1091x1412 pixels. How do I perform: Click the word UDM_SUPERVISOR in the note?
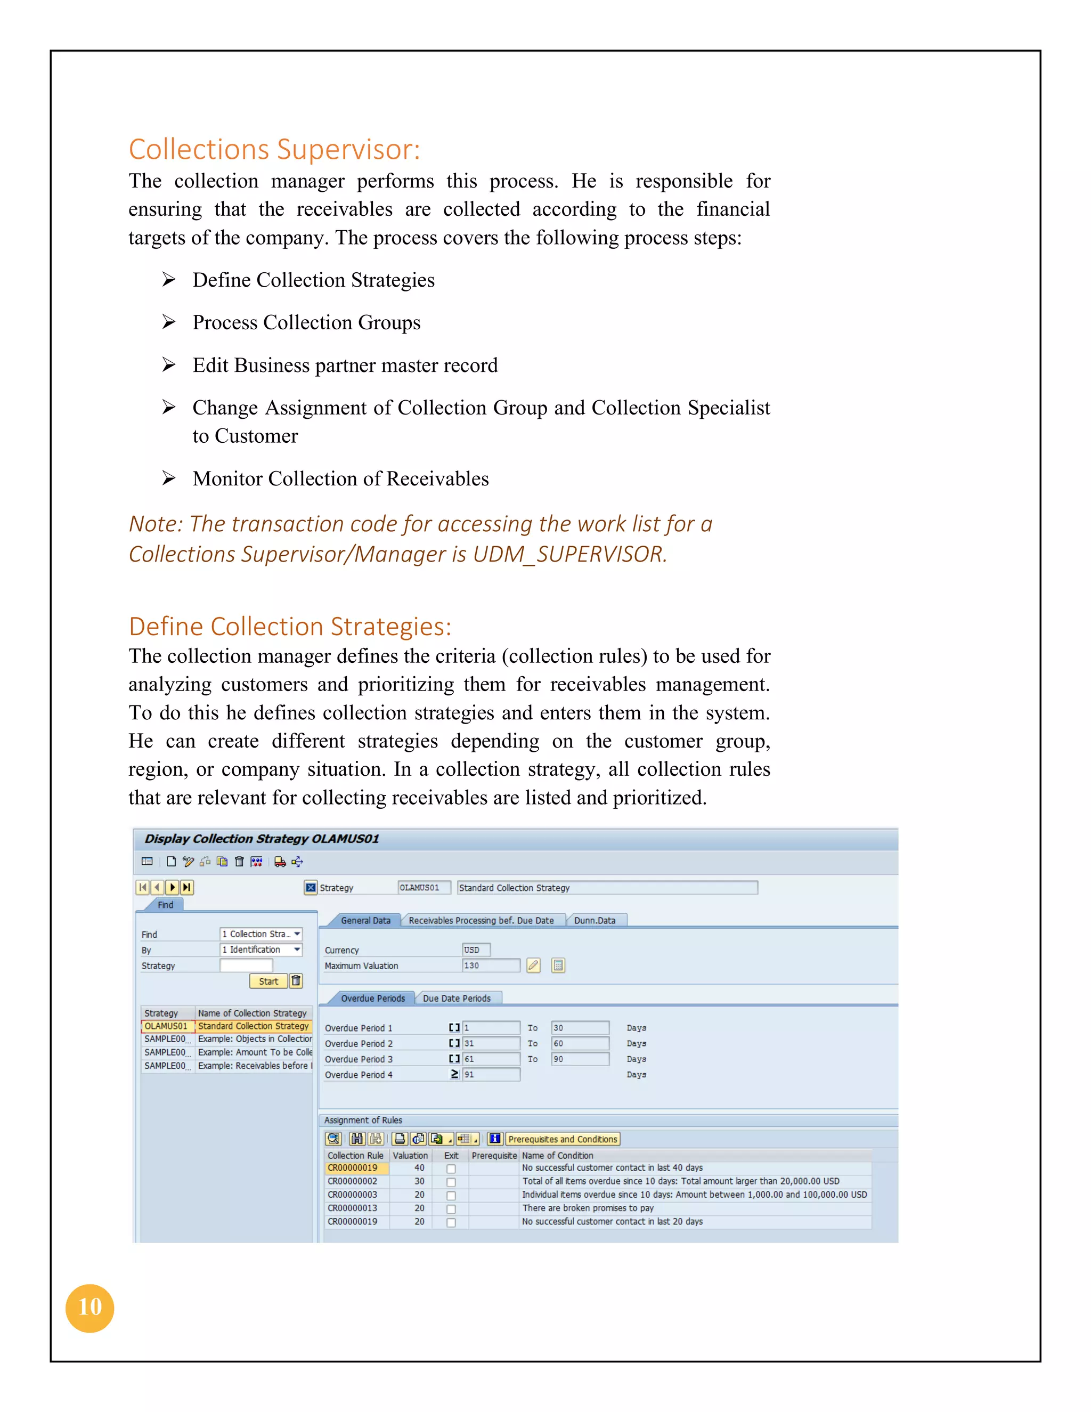pyautogui.click(x=569, y=554)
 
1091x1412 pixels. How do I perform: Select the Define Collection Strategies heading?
pyautogui.click(x=290, y=627)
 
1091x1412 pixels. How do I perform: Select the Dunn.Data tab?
pyautogui.click(x=595, y=920)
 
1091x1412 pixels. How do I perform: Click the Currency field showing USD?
pyautogui.click(x=476, y=950)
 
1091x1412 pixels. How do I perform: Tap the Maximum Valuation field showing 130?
pyautogui.click(x=491, y=965)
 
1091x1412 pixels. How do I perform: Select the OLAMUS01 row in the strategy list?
pyautogui.click(x=166, y=1026)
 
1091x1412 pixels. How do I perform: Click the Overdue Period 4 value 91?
pyautogui.click(x=491, y=1075)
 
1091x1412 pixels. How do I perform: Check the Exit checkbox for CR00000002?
pyautogui.click(x=451, y=1182)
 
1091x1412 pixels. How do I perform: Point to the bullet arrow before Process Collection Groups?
pyautogui.click(x=169, y=322)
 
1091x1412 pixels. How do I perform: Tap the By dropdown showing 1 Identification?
pyautogui.click(x=260, y=950)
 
